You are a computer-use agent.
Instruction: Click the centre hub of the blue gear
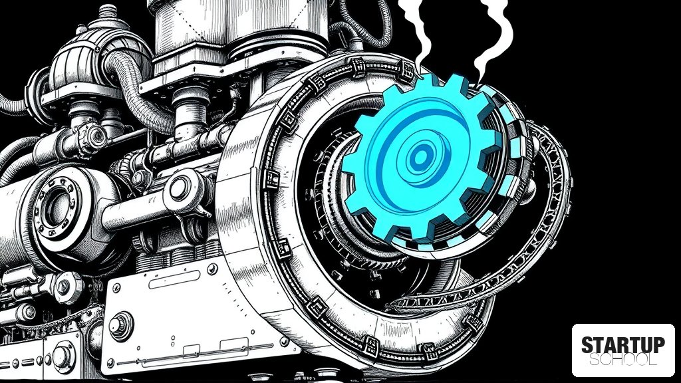click(x=420, y=157)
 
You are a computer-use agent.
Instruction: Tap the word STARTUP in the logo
click(x=622, y=345)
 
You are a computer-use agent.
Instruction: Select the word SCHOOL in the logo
click(x=622, y=360)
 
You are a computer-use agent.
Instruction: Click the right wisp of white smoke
click(x=493, y=39)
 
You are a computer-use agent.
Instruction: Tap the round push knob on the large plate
click(x=120, y=324)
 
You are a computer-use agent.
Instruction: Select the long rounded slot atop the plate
click(x=174, y=279)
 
